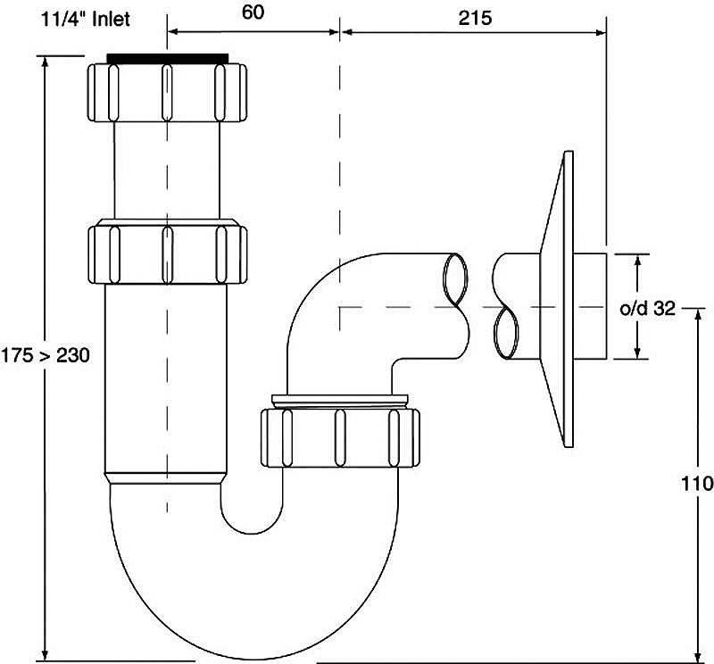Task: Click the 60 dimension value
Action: pos(253,12)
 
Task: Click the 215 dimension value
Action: pos(475,18)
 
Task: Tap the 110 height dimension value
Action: pos(697,483)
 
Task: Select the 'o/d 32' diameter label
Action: pos(648,309)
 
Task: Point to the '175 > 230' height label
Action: pos(46,355)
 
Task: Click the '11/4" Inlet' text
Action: pos(86,19)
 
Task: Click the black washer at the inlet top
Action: pos(167,59)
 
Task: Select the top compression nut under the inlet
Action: pos(167,93)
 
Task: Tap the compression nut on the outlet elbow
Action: pos(340,437)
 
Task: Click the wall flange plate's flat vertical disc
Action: pos(569,299)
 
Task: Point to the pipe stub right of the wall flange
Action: pos(590,306)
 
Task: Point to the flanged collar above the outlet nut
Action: pos(340,401)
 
